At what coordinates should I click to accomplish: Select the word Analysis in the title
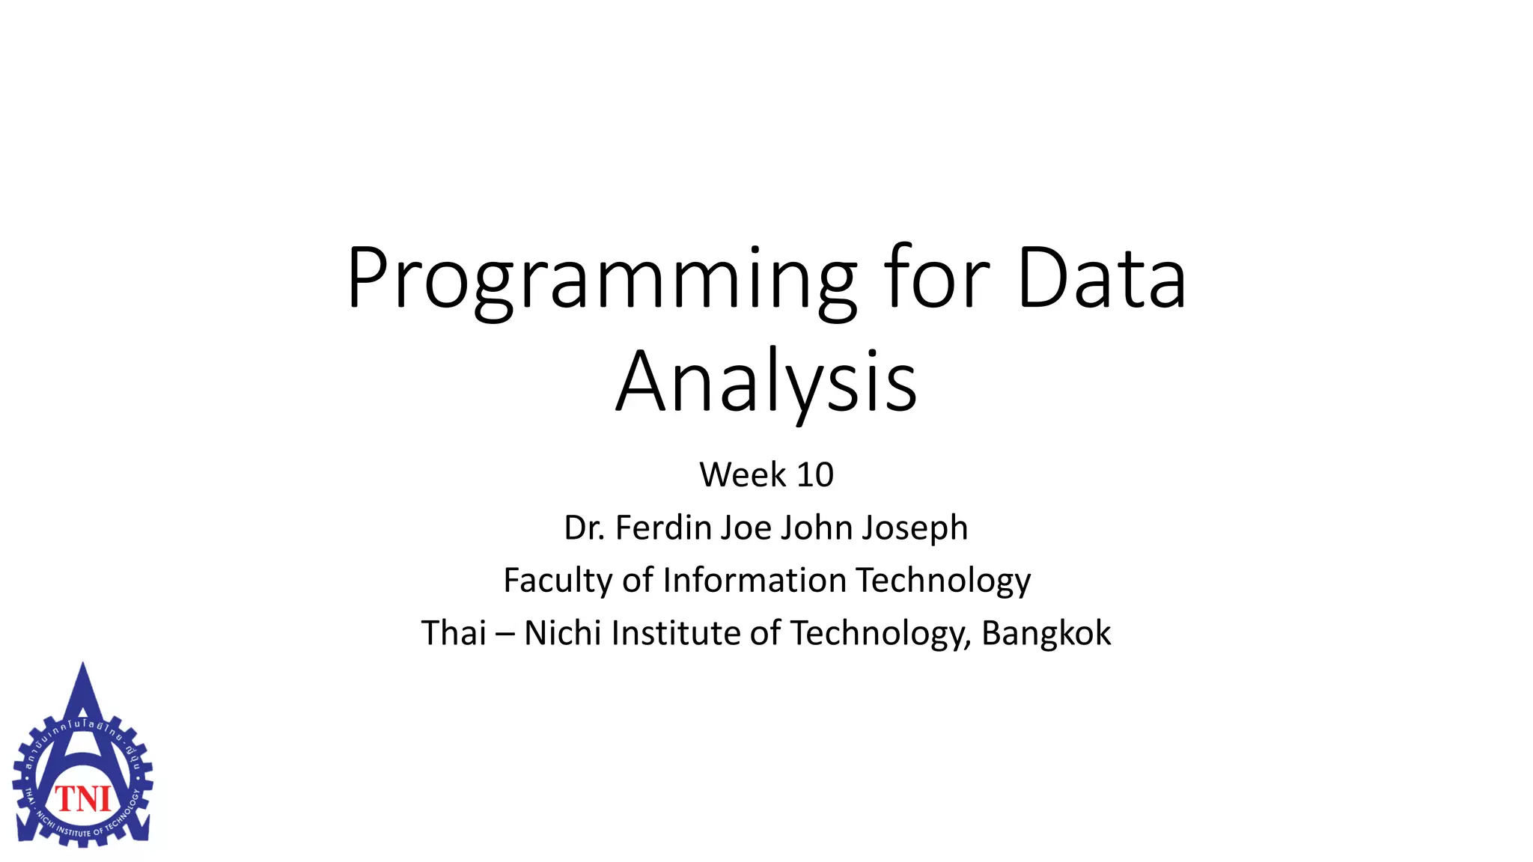point(766,382)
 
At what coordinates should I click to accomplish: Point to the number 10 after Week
point(814,474)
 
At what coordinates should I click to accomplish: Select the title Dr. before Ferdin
point(585,528)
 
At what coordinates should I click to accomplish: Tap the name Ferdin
point(663,528)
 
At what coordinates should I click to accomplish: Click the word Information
point(755,581)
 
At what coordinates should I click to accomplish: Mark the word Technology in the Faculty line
point(943,581)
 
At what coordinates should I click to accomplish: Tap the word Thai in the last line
point(454,633)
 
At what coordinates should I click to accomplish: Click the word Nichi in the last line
point(563,633)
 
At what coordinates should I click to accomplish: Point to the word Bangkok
point(1046,633)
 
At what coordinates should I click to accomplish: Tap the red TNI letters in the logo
point(83,799)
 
